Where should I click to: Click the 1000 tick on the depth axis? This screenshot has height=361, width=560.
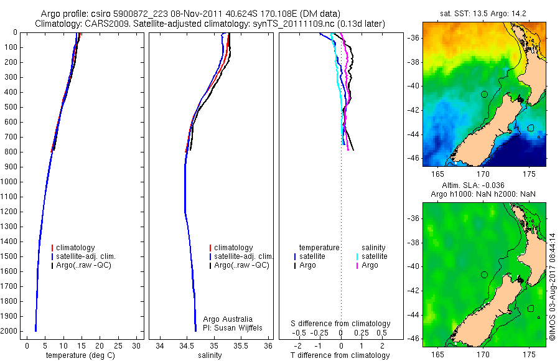[11, 182]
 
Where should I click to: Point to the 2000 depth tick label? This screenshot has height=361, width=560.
[11, 331]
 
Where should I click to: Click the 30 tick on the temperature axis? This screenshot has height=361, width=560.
[138, 345]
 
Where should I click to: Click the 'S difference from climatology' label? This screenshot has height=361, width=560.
[341, 324]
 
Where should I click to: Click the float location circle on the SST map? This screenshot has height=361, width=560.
[484, 94]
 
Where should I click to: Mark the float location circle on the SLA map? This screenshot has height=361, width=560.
[484, 274]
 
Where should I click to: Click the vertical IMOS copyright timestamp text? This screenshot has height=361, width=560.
[553, 286]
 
